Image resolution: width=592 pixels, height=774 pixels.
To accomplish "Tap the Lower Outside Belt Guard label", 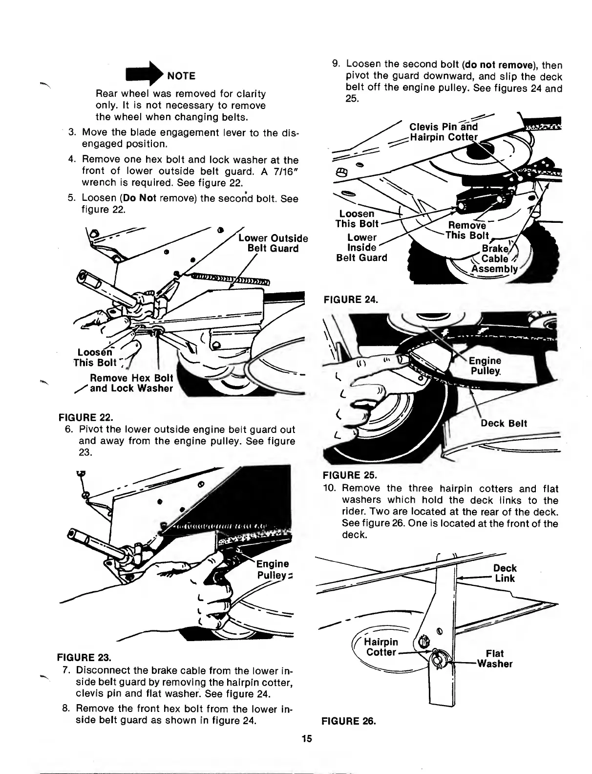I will pyautogui.click(x=273, y=243).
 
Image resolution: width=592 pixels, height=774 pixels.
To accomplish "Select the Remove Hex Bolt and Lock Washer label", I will pyautogui.click(x=131, y=384).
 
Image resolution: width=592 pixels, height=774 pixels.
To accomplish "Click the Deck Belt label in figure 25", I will pyautogui.click(x=504, y=423).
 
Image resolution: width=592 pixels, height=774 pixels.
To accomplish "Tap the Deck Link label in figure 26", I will pyautogui.click(x=505, y=573).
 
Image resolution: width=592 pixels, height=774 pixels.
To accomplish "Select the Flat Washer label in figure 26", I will pyautogui.click(x=495, y=659).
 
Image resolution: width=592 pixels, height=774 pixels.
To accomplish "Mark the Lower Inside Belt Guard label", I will pyautogui.click(x=361, y=247).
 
